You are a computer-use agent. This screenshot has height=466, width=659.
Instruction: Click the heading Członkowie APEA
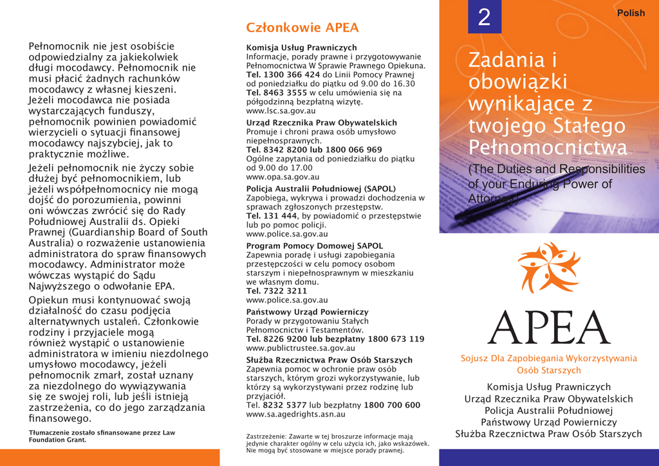[x=302, y=28]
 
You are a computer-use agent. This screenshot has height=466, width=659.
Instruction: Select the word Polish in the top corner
[x=631, y=13]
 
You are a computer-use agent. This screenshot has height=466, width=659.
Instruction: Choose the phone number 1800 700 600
[x=392, y=406]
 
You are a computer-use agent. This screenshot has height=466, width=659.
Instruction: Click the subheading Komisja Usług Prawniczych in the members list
[x=301, y=48]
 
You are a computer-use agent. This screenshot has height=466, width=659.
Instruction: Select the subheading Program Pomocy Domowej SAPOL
[x=315, y=246]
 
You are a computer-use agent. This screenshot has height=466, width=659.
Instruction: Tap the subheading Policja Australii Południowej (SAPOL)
[x=321, y=188]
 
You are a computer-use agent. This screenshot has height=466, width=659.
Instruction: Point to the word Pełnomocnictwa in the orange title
[x=547, y=147]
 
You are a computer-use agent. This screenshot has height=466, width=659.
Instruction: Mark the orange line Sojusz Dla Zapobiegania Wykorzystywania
[x=549, y=358]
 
